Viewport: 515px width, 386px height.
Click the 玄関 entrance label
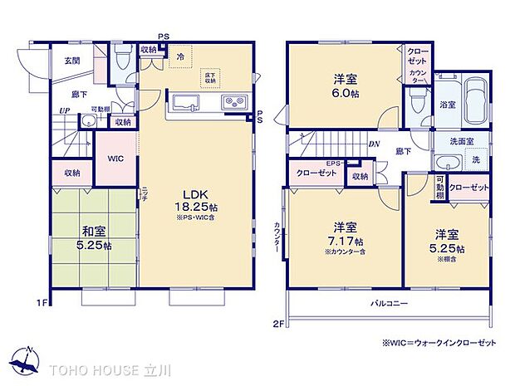click(x=72, y=60)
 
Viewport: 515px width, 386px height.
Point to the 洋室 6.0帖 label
click(x=346, y=85)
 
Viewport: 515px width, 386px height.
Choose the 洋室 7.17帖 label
click(x=346, y=233)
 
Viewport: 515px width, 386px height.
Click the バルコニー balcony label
click(x=389, y=304)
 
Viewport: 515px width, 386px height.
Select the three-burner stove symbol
click(x=233, y=104)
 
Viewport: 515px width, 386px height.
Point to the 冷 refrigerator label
click(x=180, y=56)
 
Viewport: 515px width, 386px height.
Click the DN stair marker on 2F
click(x=375, y=142)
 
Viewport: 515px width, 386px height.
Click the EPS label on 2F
click(x=334, y=163)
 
